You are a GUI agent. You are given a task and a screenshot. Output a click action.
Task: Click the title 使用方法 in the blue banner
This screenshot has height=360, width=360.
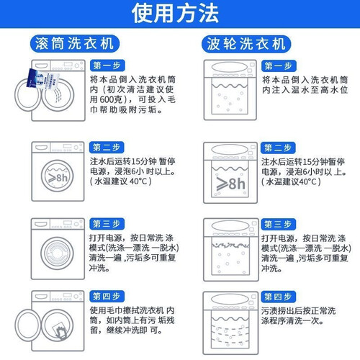[175, 13]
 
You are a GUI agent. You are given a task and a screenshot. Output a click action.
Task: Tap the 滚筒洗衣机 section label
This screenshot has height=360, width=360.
[75, 44]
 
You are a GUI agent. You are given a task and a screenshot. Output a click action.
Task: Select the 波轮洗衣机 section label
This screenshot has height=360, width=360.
[246, 44]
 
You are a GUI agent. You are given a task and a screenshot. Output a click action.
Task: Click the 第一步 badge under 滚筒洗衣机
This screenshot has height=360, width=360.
[107, 66]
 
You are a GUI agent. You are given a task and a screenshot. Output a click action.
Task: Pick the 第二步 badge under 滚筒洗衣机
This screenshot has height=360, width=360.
[107, 148]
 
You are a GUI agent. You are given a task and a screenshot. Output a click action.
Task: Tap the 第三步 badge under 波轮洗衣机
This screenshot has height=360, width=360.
[278, 224]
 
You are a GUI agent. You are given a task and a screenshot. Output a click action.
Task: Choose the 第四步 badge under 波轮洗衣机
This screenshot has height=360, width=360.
[278, 297]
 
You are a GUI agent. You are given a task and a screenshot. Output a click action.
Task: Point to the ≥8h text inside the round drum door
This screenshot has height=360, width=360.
[58, 178]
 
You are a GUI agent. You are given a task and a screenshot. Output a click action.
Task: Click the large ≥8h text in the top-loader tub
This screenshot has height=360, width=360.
[230, 184]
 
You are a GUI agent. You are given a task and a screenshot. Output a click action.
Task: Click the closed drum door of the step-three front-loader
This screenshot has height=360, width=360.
[57, 253]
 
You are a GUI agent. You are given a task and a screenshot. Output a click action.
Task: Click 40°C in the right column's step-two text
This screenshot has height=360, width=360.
[307, 181]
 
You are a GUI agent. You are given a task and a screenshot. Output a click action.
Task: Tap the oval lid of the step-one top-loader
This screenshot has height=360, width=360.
[229, 68]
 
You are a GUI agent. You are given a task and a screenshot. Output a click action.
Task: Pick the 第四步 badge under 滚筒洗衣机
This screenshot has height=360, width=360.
[107, 297]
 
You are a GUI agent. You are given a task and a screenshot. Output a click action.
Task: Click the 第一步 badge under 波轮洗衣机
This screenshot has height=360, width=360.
[279, 66]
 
